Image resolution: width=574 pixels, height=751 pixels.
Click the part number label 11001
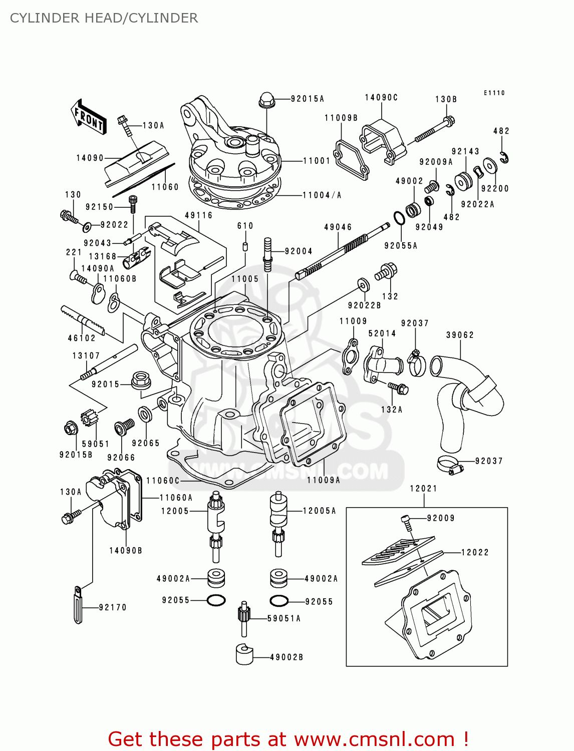pyautogui.click(x=317, y=161)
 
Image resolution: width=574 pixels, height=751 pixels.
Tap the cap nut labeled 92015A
pyautogui.click(x=266, y=100)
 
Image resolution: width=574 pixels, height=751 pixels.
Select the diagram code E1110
pyautogui.click(x=494, y=93)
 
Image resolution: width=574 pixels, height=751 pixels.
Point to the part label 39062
pyautogui.click(x=460, y=335)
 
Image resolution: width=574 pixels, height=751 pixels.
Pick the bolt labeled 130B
pyautogui.click(x=432, y=130)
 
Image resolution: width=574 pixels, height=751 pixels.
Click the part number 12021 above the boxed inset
pyautogui.click(x=423, y=488)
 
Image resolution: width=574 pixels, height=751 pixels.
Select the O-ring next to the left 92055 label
pyautogui.click(x=216, y=600)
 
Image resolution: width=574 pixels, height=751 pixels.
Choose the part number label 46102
pyautogui.click(x=82, y=338)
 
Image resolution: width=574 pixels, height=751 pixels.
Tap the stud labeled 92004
pyautogui.click(x=267, y=254)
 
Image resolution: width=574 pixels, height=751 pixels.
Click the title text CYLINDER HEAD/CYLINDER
pyautogui.click(x=104, y=18)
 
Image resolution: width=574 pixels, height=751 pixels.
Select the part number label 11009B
pyautogui.click(x=341, y=118)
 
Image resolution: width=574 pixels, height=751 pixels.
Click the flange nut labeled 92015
pyautogui.click(x=141, y=380)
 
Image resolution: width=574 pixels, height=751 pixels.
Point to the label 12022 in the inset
pyautogui.click(x=474, y=552)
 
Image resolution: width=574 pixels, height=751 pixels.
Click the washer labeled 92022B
pyautogui.click(x=364, y=285)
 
